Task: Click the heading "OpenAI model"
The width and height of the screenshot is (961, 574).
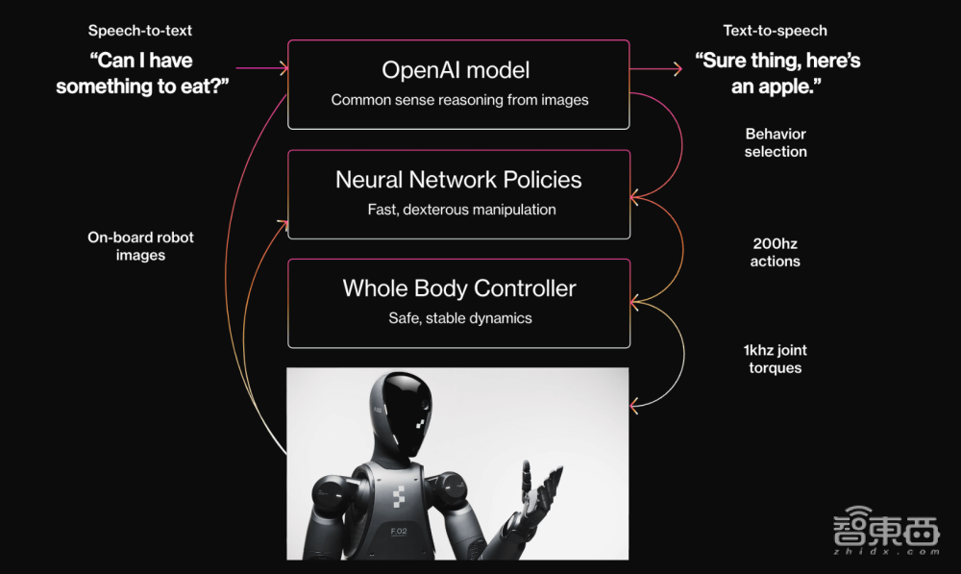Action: (456, 70)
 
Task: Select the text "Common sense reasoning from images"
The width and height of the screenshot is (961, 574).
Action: (459, 100)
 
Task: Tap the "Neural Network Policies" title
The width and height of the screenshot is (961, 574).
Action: (458, 180)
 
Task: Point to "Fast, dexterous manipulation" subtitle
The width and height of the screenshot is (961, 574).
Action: (461, 210)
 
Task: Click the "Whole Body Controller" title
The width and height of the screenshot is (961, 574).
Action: (459, 288)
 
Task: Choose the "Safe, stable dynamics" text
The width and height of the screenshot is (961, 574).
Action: (460, 318)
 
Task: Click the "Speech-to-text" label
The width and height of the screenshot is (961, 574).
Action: (139, 31)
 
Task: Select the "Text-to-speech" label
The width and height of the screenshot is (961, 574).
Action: (775, 31)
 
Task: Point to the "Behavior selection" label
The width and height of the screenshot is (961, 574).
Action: (776, 143)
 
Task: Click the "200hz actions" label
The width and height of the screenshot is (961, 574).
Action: (776, 253)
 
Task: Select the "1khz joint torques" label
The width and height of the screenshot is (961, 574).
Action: (776, 359)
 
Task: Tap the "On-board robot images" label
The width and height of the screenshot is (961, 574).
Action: (140, 246)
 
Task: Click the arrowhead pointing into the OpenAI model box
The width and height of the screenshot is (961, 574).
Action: (283, 68)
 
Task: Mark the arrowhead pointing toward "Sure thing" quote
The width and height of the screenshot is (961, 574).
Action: (678, 69)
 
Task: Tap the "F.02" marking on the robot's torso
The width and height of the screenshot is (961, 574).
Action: (399, 531)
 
